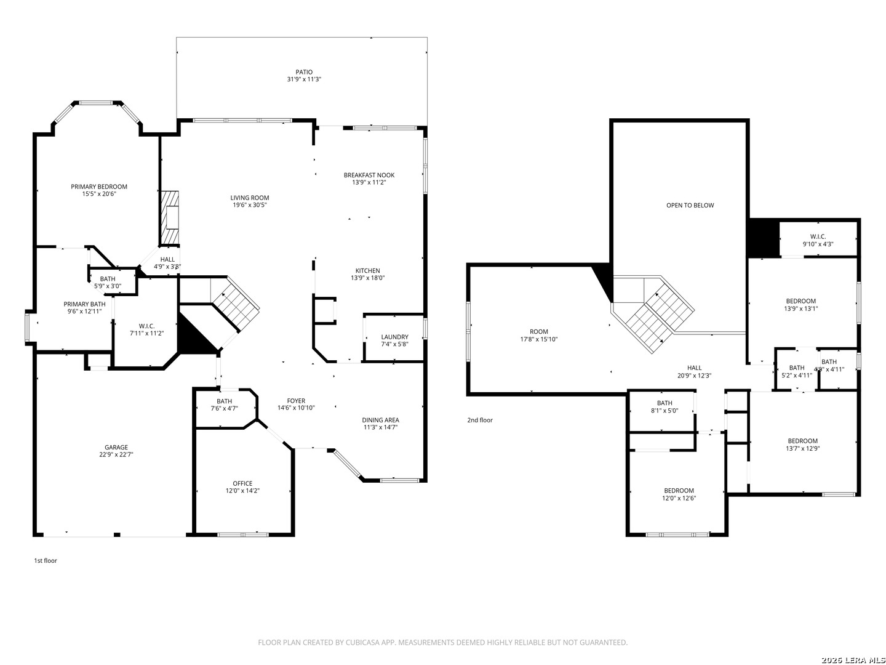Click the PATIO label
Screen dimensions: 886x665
point(304,72)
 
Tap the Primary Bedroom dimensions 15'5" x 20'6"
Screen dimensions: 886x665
point(99,194)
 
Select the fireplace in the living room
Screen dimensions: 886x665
point(170,217)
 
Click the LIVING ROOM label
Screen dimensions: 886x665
point(249,198)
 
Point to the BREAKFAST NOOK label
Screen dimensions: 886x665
point(369,175)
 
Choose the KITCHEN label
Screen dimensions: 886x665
point(367,270)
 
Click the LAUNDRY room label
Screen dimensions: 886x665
point(394,337)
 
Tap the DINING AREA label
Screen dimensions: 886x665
point(380,420)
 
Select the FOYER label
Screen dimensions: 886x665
point(296,400)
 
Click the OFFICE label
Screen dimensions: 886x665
point(242,483)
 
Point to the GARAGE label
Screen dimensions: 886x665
point(116,447)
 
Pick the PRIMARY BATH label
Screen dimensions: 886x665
point(84,304)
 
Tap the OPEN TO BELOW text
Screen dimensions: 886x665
point(690,205)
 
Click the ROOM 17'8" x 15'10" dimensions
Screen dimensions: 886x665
point(538,339)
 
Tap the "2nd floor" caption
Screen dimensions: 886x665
point(479,420)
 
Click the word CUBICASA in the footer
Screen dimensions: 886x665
point(362,642)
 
